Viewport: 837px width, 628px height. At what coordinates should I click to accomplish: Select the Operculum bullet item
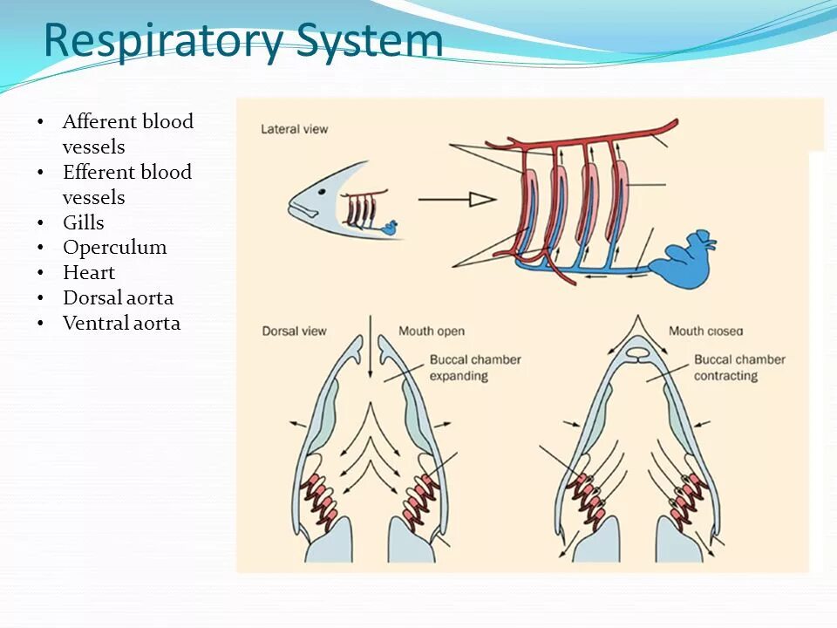click(114, 247)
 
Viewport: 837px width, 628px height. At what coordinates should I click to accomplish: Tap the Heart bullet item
click(89, 272)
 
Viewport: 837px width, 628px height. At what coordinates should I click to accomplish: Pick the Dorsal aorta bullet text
click(118, 297)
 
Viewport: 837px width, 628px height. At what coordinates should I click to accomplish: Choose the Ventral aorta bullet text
click(121, 323)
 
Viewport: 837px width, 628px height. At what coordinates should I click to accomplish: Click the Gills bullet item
click(84, 222)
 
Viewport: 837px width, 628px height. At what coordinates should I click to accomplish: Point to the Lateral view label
click(295, 129)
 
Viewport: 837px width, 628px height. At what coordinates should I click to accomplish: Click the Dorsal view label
click(294, 331)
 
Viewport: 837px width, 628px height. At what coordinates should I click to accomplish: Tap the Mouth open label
click(432, 331)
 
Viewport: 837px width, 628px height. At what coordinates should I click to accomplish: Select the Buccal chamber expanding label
click(474, 367)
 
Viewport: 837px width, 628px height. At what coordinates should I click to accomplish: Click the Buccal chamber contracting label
click(739, 367)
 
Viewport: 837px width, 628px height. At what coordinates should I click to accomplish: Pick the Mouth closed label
click(704, 331)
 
